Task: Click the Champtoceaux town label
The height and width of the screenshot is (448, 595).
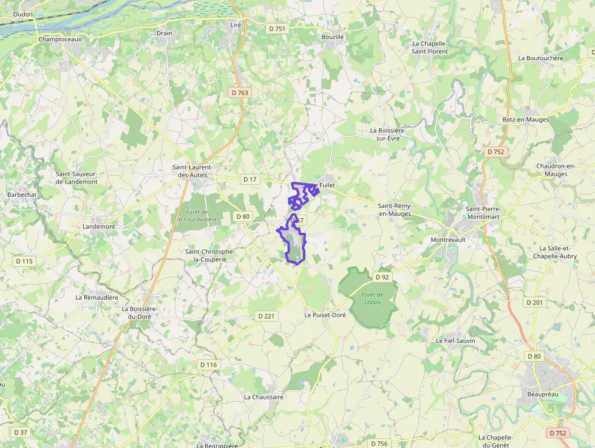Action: (x=59, y=39)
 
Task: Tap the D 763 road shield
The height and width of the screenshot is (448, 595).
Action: (x=240, y=92)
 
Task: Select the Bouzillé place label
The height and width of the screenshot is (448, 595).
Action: (x=333, y=37)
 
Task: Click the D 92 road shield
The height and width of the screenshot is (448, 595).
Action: (x=381, y=277)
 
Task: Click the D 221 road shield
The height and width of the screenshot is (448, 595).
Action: (x=266, y=316)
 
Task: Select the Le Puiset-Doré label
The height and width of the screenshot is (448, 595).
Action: (x=325, y=315)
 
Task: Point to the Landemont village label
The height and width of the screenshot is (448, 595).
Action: (x=98, y=227)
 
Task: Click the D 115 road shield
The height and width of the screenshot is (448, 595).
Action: (x=24, y=261)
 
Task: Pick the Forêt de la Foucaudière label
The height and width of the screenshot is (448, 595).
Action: (x=197, y=215)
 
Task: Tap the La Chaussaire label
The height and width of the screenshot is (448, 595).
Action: (x=264, y=397)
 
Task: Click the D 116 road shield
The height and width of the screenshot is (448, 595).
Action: (x=208, y=365)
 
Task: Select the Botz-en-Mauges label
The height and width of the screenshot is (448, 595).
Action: (x=526, y=120)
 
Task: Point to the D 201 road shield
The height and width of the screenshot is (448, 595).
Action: (x=535, y=302)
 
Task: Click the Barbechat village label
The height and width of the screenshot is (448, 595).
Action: (x=22, y=195)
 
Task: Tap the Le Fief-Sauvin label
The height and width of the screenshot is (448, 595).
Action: (x=455, y=341)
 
